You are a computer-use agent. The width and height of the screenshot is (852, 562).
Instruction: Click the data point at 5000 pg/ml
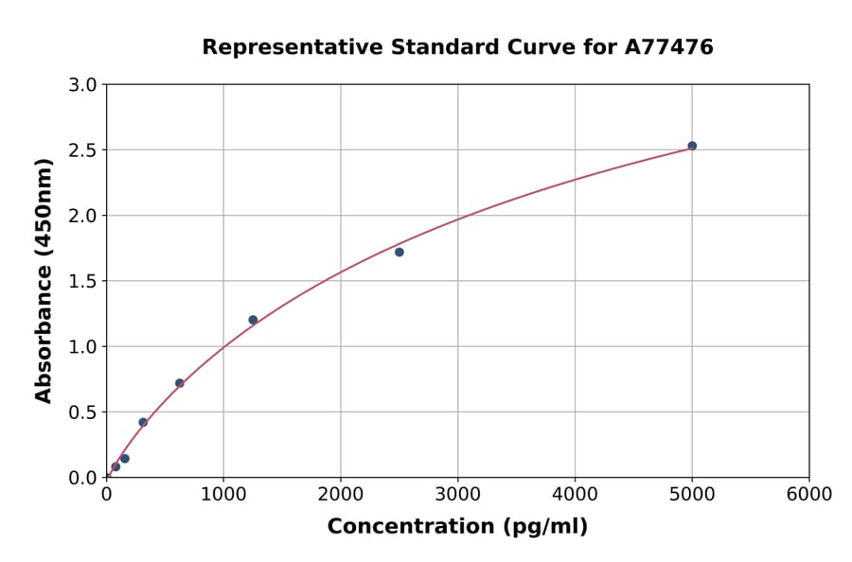tap(692, 146)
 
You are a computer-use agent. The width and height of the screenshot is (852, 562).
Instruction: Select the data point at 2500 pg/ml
tap(399, 252)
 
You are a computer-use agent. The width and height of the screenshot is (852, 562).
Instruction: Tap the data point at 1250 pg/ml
tap(253, 320)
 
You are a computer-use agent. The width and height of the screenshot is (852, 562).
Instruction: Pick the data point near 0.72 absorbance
tap(180, 383)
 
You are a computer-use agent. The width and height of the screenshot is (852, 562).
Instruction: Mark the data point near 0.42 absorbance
tap(143, 422)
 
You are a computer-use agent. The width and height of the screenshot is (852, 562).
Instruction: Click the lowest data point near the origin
tap(115, 466)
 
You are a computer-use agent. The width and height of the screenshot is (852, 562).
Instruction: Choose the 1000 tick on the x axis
tap(223, 495)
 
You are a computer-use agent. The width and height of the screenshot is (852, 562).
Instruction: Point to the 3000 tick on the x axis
tap(458, 495)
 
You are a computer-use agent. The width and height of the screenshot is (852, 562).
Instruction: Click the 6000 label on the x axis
tap(809, 495)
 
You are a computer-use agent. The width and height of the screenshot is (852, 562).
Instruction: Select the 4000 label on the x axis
tap(576, 495)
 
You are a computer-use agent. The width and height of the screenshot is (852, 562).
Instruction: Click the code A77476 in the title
tap(669, 47)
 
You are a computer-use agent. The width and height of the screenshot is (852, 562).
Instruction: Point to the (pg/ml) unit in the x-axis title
tap(544, 527)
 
